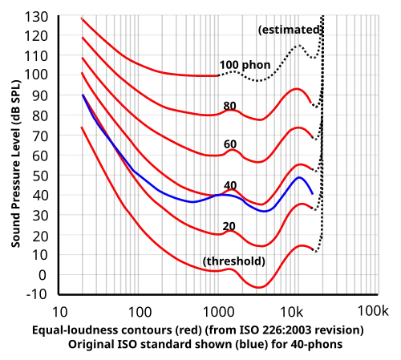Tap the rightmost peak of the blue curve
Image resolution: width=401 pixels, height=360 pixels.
coord(301,178)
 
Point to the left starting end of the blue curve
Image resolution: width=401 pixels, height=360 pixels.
coord(83,96)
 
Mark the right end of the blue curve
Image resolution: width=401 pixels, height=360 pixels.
coord(311,194)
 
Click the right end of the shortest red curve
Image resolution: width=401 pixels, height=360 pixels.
coord(217,75)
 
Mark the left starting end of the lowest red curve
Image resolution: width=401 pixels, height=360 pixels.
coord(80,126)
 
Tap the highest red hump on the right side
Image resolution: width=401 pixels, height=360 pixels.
coord(298,89)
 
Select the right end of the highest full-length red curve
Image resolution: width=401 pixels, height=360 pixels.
coord(311,100)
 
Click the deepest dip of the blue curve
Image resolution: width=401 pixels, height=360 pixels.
coord(262,208)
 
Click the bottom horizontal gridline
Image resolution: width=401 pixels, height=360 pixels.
coord(200,234)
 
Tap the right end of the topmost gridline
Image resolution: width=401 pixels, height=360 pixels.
coord(377,35)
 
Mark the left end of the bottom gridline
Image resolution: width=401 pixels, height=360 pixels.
coord(61,234)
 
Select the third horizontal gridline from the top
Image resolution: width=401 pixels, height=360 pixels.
coord(160,114)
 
